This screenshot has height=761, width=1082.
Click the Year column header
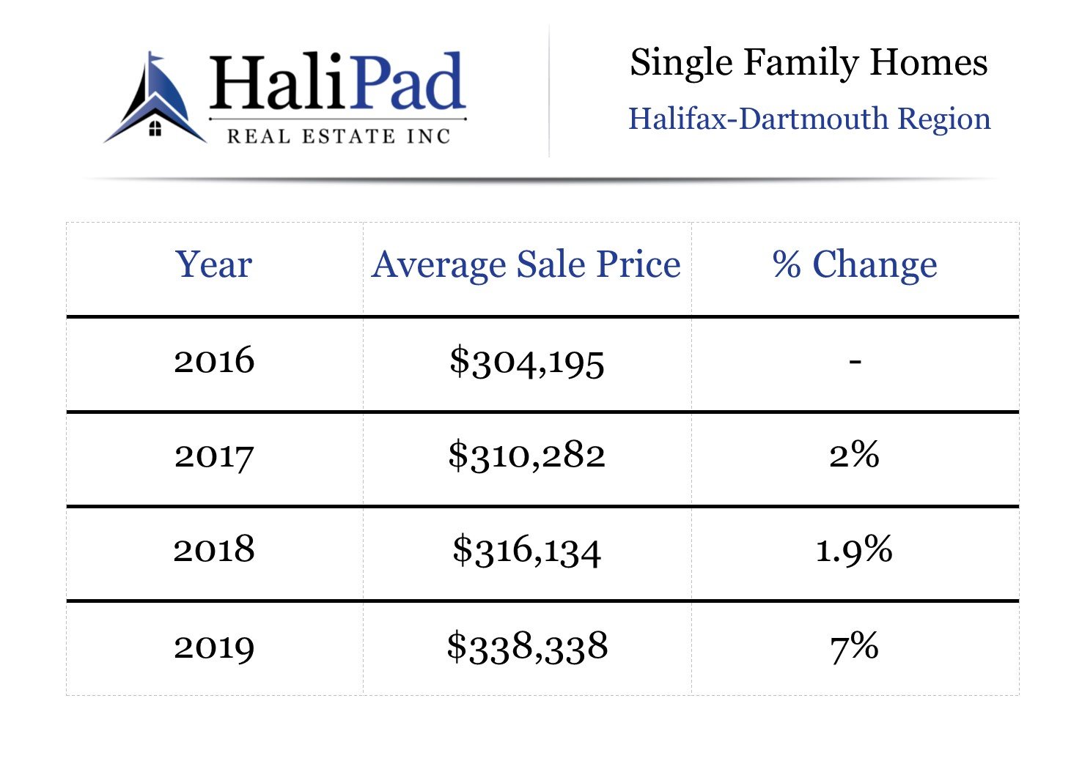pyautogui.click(x=213, y=264)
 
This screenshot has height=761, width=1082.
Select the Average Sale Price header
pyautogui.click(x=526, y=264)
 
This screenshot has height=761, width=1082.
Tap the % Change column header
pyautogui.click(x=855, y=264)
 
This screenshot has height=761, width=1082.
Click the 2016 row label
pyautogui.click(x=214, y=360)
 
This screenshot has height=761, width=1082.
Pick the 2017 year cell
pyautogui.click(x=214, y=456)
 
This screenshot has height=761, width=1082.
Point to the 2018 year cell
pyautogui.click(x=214, y=549)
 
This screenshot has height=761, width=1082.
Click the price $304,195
pyautogui.click(x=527, y=361)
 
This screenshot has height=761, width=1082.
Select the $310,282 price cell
pyautogui.click(x=527, y=456)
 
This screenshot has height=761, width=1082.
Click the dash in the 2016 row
pyautogui.click(x=855, y=360)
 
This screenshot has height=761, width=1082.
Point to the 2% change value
pyautogui.click(x=855, y=455)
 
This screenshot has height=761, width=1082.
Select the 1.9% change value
pyautogui.click(x=855, y=549)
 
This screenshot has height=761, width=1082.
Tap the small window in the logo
pyautogui.click(x=155, y=130)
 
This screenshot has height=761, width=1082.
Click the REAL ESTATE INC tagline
pyautogui.click(x=338, y=136)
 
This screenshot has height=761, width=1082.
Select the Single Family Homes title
pyautogui.click(x=809, y=62)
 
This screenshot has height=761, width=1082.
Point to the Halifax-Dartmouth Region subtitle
pyautogui.click(x=809, y=119)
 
